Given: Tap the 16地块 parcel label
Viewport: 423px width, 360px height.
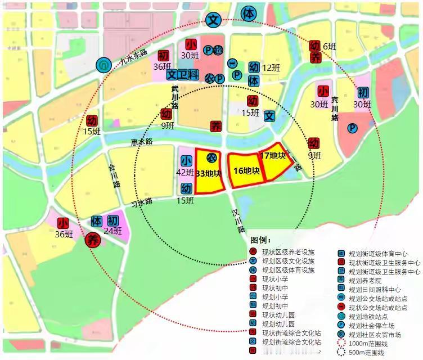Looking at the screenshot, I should [246, 170].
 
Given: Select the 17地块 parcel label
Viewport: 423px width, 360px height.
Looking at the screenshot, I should [273, 155].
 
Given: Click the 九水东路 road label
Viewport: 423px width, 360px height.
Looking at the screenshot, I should [130, 58].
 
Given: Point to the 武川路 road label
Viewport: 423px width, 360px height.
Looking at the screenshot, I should [175, 97].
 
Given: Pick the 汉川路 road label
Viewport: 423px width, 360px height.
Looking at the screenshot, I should [238, 221].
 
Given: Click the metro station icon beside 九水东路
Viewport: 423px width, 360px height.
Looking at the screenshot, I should [103, 65].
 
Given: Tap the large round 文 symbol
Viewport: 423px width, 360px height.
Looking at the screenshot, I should [214, 20].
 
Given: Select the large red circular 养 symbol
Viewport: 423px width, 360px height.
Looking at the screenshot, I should [92, 241].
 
